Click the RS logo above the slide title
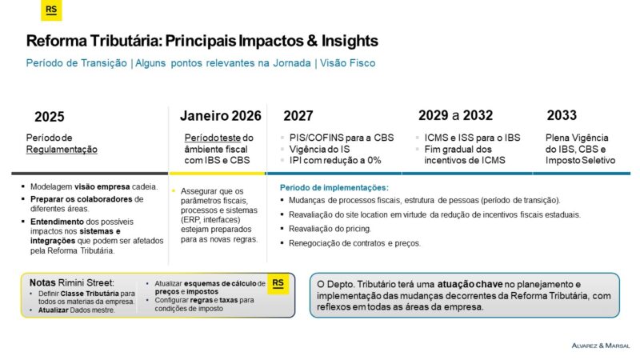51,10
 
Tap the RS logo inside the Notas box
278,283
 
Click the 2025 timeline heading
50,117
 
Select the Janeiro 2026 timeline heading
221,116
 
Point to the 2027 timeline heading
298,116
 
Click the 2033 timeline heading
562,115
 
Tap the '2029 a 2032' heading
455,115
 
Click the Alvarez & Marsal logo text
601,346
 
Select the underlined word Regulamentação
62,150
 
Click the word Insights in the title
350,41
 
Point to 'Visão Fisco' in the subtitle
347,63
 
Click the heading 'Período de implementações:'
334,188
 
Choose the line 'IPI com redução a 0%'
335,161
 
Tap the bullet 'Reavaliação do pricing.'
330,229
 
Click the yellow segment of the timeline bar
217,174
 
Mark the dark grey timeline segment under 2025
90,174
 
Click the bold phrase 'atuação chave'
470,285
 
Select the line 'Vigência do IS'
319,150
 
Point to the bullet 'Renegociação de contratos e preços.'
354,243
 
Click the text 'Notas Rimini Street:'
72,283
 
